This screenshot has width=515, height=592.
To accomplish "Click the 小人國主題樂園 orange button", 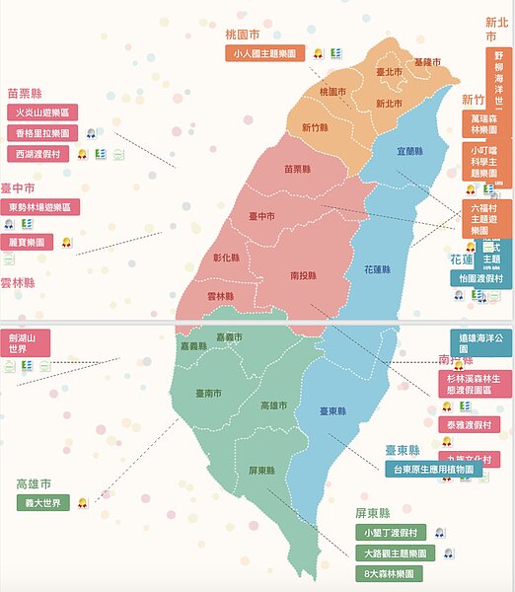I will pos(263,53).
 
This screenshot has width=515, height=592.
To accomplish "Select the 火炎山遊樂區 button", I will pos(41,113).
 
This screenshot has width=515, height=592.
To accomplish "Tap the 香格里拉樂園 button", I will pos(41,133).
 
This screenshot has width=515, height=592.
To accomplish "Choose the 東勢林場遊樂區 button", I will pos(43,207).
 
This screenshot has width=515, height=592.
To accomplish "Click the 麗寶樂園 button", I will pos(29,242).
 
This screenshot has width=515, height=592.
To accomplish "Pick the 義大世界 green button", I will pos(43,502).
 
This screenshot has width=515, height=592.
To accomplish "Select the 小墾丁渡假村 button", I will pos(391,532).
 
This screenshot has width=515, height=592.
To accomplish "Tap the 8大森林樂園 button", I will pos(391,572).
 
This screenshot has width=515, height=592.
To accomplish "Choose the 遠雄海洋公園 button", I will pos(478,342).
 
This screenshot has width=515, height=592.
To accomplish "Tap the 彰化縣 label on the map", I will pos(226,258).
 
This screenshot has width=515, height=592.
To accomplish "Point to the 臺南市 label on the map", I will pos(208,393).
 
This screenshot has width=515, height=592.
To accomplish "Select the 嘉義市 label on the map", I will pos(229,337).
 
